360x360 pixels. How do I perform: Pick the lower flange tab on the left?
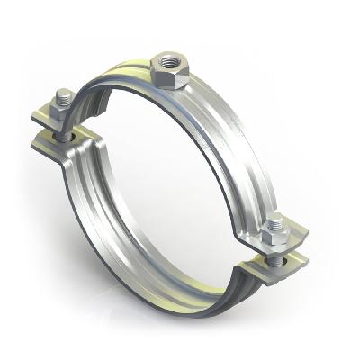tap(58, 145)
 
